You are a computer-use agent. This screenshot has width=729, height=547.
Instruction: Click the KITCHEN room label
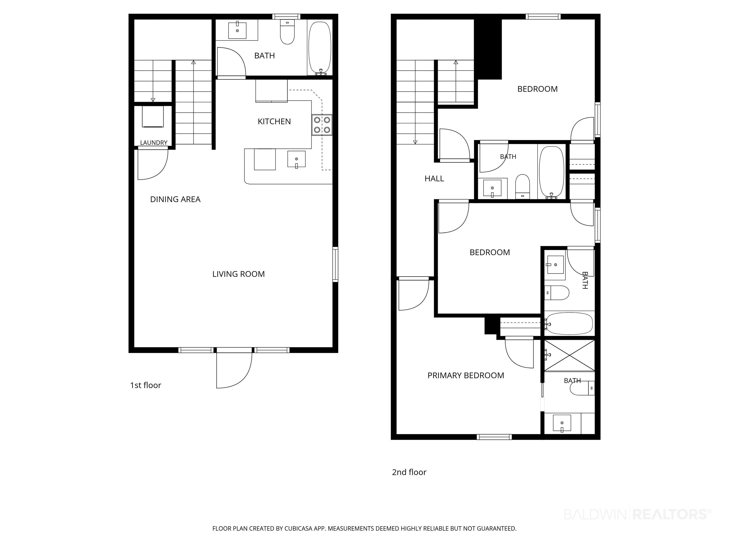coord(274,122)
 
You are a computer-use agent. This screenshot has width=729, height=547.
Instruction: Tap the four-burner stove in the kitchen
coord(322,125)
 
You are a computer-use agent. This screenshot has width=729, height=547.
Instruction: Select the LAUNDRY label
coord(154,143)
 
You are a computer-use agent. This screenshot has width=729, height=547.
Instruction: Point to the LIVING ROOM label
coord(238,274)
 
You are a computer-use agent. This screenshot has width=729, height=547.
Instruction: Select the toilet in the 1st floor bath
coord(287,32)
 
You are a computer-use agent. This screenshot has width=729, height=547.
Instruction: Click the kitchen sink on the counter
coord(296,160)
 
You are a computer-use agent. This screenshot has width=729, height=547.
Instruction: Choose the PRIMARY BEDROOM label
coord(466,376)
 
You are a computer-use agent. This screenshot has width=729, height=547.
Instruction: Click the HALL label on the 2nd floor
coord(434,179)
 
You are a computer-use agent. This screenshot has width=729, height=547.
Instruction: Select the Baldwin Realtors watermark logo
coord(638,514)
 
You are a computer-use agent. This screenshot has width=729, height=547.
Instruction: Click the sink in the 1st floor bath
coord(237,30)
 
